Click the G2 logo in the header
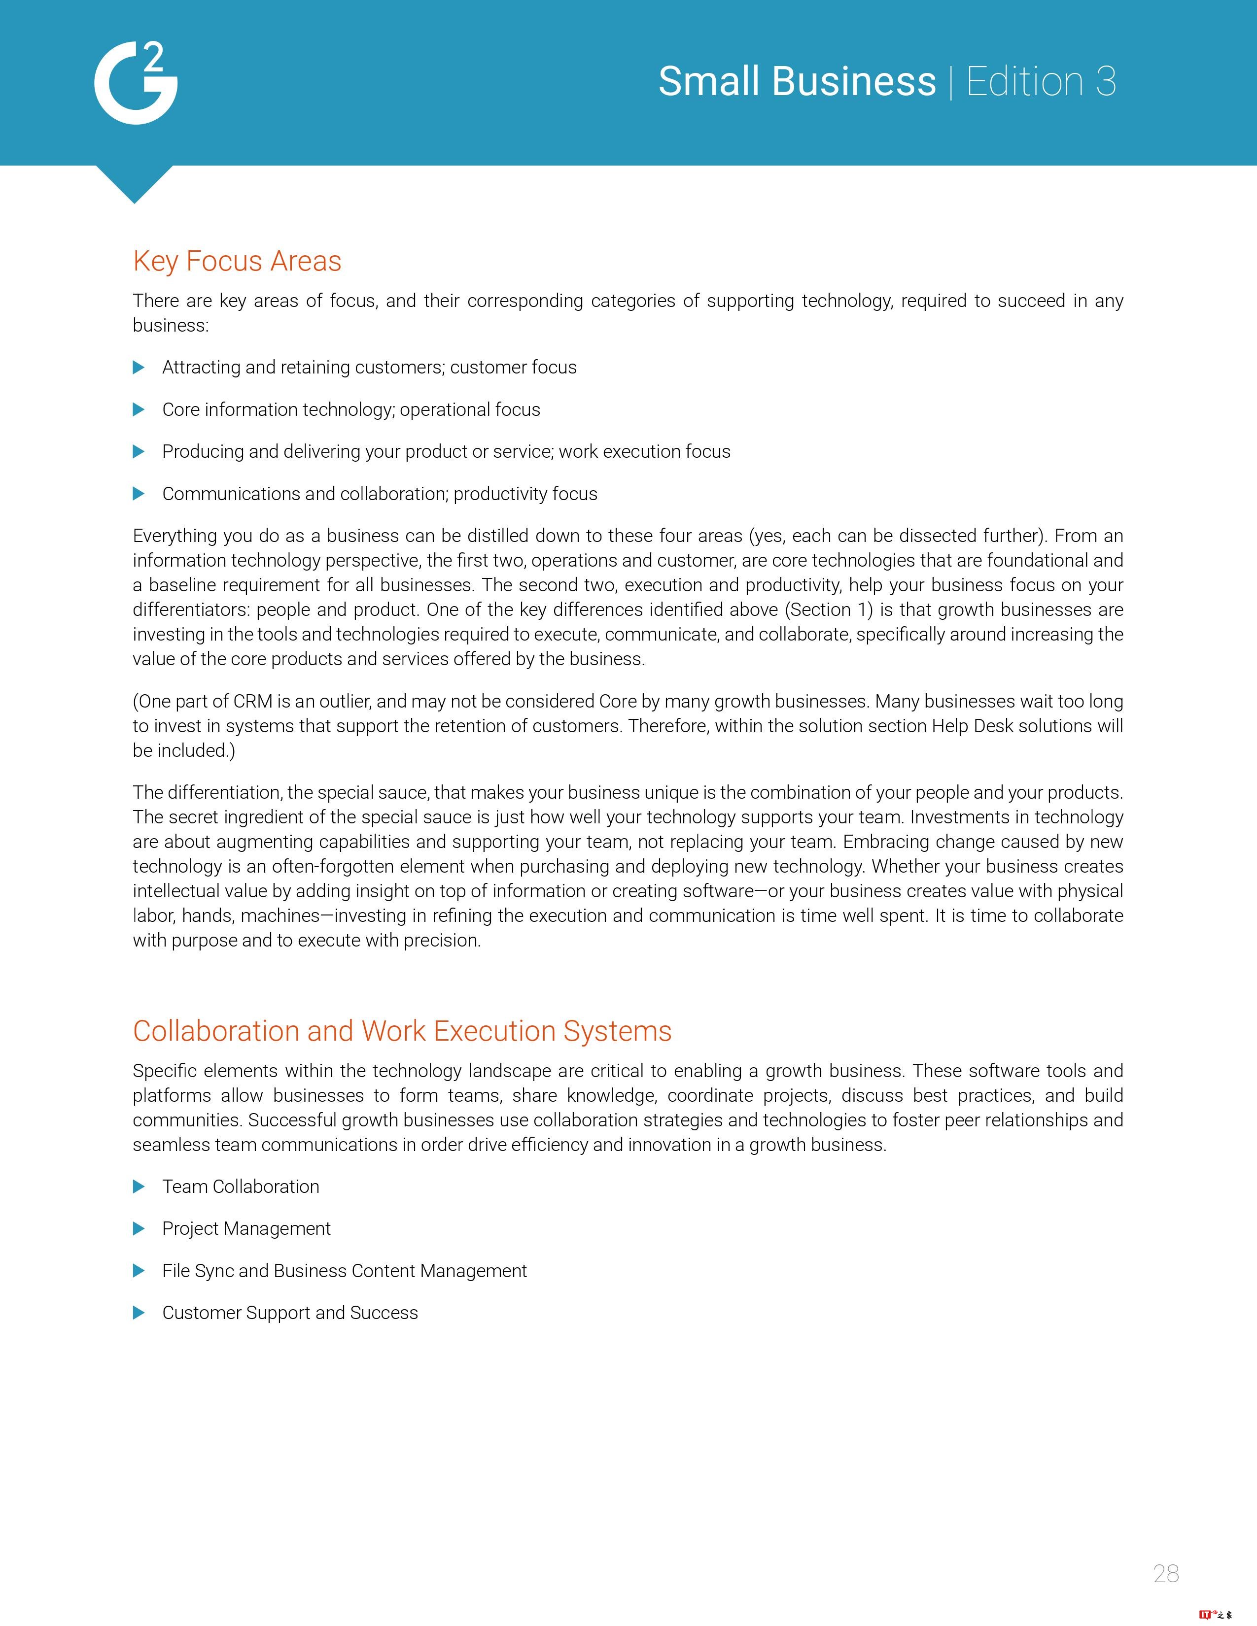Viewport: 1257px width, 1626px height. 136,83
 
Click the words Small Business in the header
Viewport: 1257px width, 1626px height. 797,81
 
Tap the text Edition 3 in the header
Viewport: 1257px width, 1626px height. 1041,81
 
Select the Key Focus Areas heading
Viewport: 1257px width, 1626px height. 237,261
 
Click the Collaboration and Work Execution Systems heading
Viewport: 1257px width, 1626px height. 402,1031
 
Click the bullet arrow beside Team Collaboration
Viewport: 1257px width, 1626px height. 139,1187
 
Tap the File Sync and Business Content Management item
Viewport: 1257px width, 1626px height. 344,1271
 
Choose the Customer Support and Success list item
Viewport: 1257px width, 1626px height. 290,1313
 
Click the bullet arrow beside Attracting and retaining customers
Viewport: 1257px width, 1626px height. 139,367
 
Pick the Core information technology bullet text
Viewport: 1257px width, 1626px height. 351,409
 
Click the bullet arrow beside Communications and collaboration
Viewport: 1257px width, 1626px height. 139,494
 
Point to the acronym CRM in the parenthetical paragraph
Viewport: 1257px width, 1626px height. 253,701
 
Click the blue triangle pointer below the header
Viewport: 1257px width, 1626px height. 135,183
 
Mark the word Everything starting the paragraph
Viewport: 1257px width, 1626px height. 174,536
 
